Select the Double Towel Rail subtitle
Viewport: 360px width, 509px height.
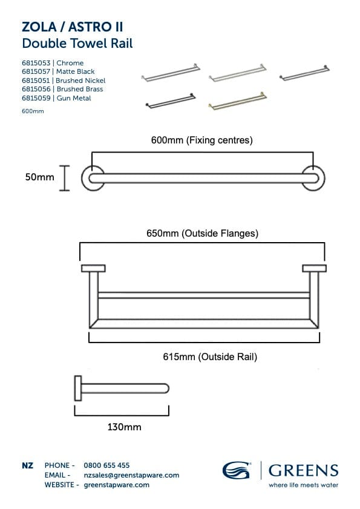pyautogui.click(x=77, y=43)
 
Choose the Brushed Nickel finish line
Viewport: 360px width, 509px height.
pyautogui.click(x=64, y=80)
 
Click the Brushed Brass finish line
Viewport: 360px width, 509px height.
pyautogui.click(x=62, y=89)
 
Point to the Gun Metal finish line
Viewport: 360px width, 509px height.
pyautogui.click(x=56, y=98)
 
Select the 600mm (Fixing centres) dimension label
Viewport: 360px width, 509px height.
pyautogui.click(x=201, y=140)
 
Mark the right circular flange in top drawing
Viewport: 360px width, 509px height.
pyautogui.click(x=313, y=178)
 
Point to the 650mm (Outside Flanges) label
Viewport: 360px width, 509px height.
pyautogui.click(x=202, y=233)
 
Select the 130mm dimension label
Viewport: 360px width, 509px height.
pyautogui.click(x=124, y=427)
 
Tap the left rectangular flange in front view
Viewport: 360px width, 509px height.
pyautogui.click(x=93, y=268)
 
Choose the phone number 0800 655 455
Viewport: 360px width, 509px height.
pyautogui.click(x=106, y=465)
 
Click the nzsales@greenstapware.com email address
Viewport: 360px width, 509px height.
pyautogui.click(x=131, y=475)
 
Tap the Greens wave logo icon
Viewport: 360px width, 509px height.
pyautogui.click(x=237, y=470)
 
